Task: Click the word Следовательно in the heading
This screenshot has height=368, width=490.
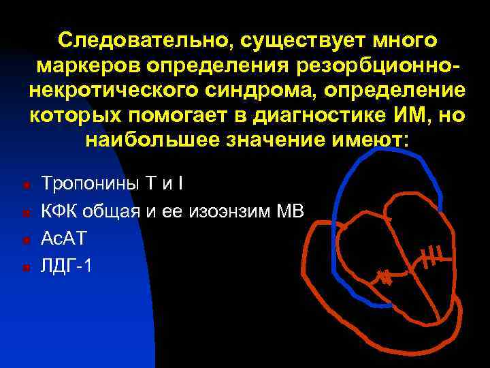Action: tap(140, 40)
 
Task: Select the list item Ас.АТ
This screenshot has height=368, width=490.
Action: tap(66, 239)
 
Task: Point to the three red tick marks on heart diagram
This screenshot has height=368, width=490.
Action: tap(432, 256)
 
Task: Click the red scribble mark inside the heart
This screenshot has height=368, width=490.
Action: tap(385, 277)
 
